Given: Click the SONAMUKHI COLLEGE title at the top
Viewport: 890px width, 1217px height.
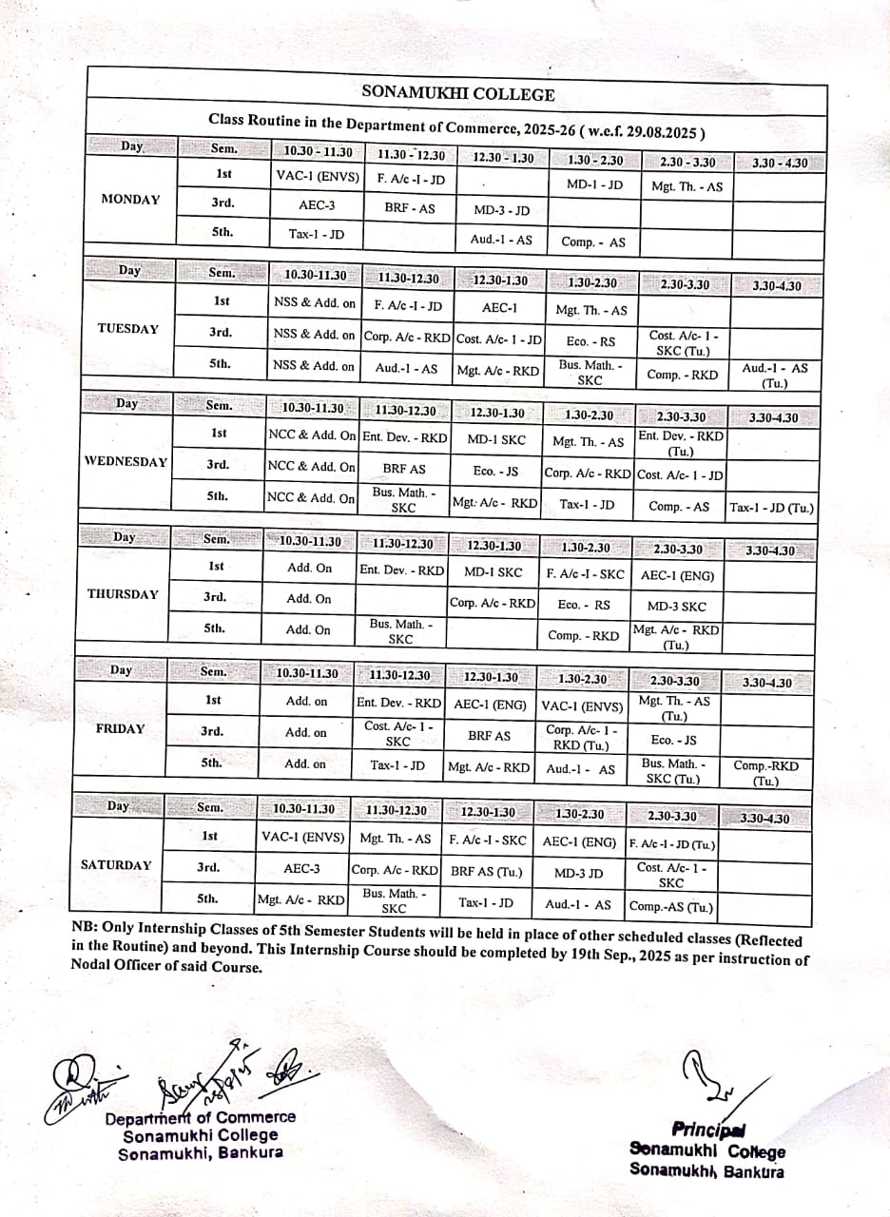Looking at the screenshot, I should (458, 93).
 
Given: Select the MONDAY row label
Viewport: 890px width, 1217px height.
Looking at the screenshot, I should (130, 200).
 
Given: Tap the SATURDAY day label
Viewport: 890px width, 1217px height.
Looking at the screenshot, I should (116, 865).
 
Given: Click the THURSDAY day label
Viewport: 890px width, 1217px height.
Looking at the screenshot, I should (123, 594).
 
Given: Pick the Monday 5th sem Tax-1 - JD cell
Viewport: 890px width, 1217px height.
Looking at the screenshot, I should (317, 233).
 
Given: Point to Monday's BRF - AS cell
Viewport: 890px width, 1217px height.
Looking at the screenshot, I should (409, 206).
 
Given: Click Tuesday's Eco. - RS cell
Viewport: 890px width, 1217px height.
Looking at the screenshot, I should (590, 340).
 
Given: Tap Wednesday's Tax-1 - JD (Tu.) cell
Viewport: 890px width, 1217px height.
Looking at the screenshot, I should (771, 508).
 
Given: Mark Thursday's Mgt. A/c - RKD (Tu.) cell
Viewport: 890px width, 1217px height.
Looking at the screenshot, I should (676, 637).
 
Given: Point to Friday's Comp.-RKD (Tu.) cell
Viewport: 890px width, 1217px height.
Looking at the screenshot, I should (765, 773).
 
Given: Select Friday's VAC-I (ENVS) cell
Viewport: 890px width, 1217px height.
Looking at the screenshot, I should (582, 706).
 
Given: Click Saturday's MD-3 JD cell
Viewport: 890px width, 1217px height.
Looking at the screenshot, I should (579, 873).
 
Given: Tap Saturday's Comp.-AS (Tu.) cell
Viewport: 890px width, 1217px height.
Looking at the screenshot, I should (671, 907).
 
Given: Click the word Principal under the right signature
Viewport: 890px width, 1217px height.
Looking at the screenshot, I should (708, 1130).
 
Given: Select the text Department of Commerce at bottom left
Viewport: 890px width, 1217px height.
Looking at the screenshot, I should (201, 1118).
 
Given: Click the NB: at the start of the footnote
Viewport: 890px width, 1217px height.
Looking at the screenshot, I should (85, 927).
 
